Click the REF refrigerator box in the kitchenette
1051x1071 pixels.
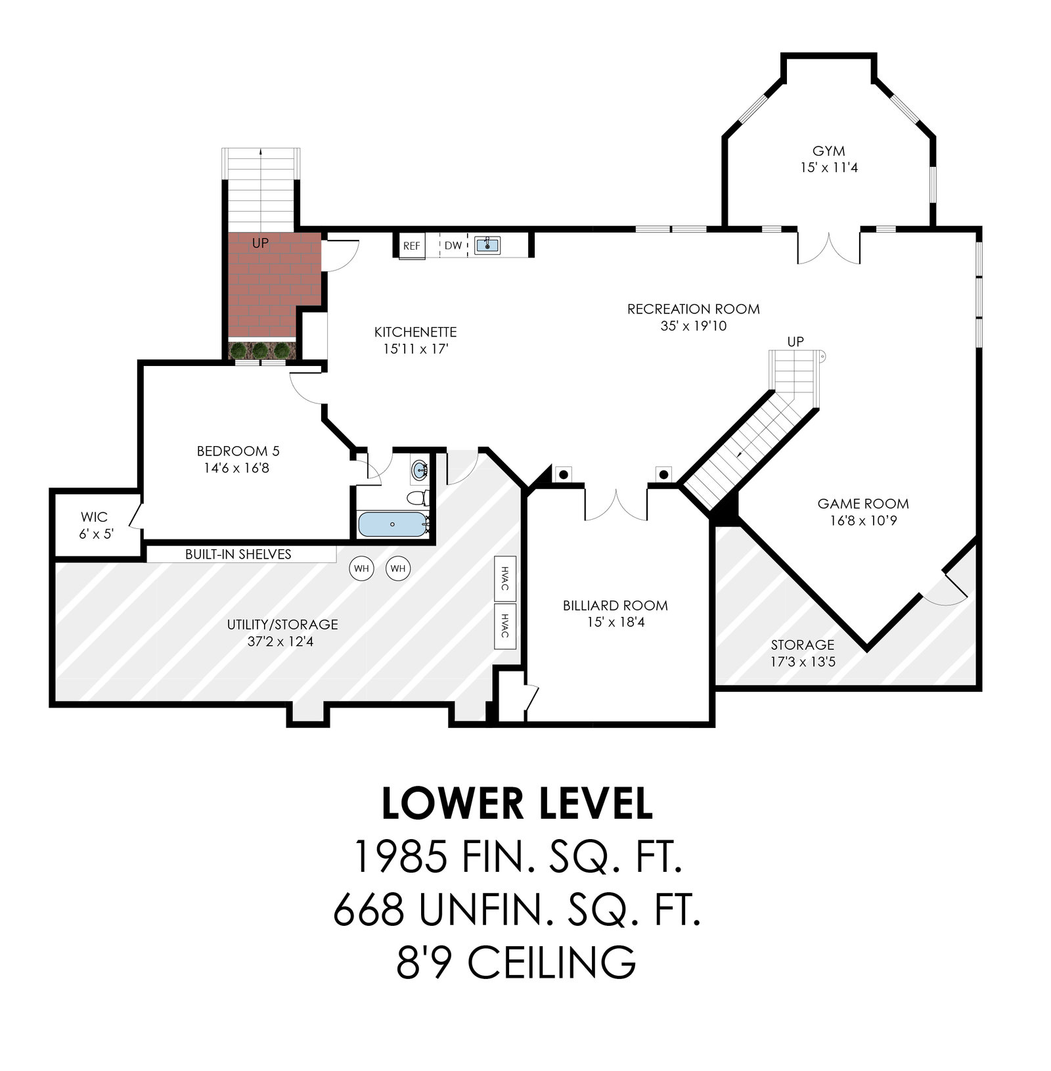(x=411, y=246)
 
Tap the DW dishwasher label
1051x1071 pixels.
(x=453, y=246)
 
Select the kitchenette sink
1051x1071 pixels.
(x=487, y=245)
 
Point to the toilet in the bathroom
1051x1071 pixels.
(x=418, y=497)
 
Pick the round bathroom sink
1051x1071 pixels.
(x=420, y=470)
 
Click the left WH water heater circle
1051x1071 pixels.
(x=361, y=568)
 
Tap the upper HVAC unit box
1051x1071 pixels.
(x=504, y=579)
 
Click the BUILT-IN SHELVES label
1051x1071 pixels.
(x=238, y=555)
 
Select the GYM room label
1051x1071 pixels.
(x=829, y=151)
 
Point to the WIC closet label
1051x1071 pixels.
(x=94, y=517)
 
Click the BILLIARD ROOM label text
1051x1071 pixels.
(x=615, y=606)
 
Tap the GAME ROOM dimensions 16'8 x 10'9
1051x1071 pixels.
(x=863, y=521)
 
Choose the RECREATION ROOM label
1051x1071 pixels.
(x=694, y=309)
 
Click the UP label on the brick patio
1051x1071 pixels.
(x=260, y=243)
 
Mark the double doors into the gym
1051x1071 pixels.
(x=829, y=247)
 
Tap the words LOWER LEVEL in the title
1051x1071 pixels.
(x=518, y=804)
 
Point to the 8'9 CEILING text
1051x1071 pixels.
(x=516, y=963)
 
